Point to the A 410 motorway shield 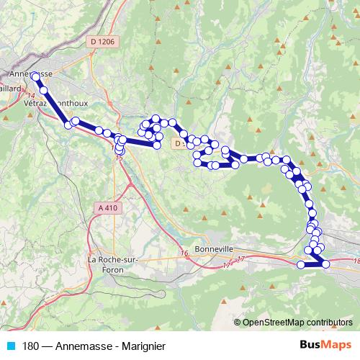click(106, 207)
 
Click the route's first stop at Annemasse click(35, 75)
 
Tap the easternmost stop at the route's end click(326, 264)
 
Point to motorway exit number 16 click(184, 253)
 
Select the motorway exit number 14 click(30, 95)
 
